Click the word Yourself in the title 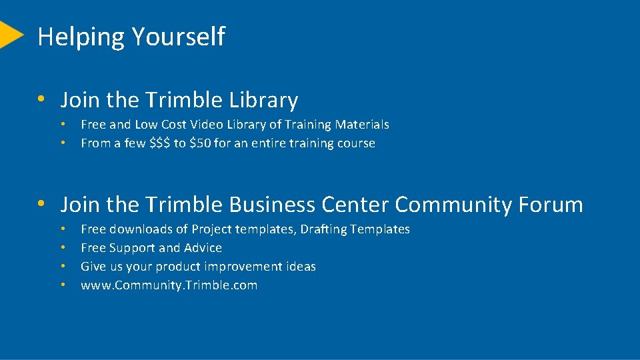(178, 37)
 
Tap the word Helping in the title (81, 37)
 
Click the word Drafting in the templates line (323, 229)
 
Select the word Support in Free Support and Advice (129, 248)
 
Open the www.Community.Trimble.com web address (169, 285)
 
